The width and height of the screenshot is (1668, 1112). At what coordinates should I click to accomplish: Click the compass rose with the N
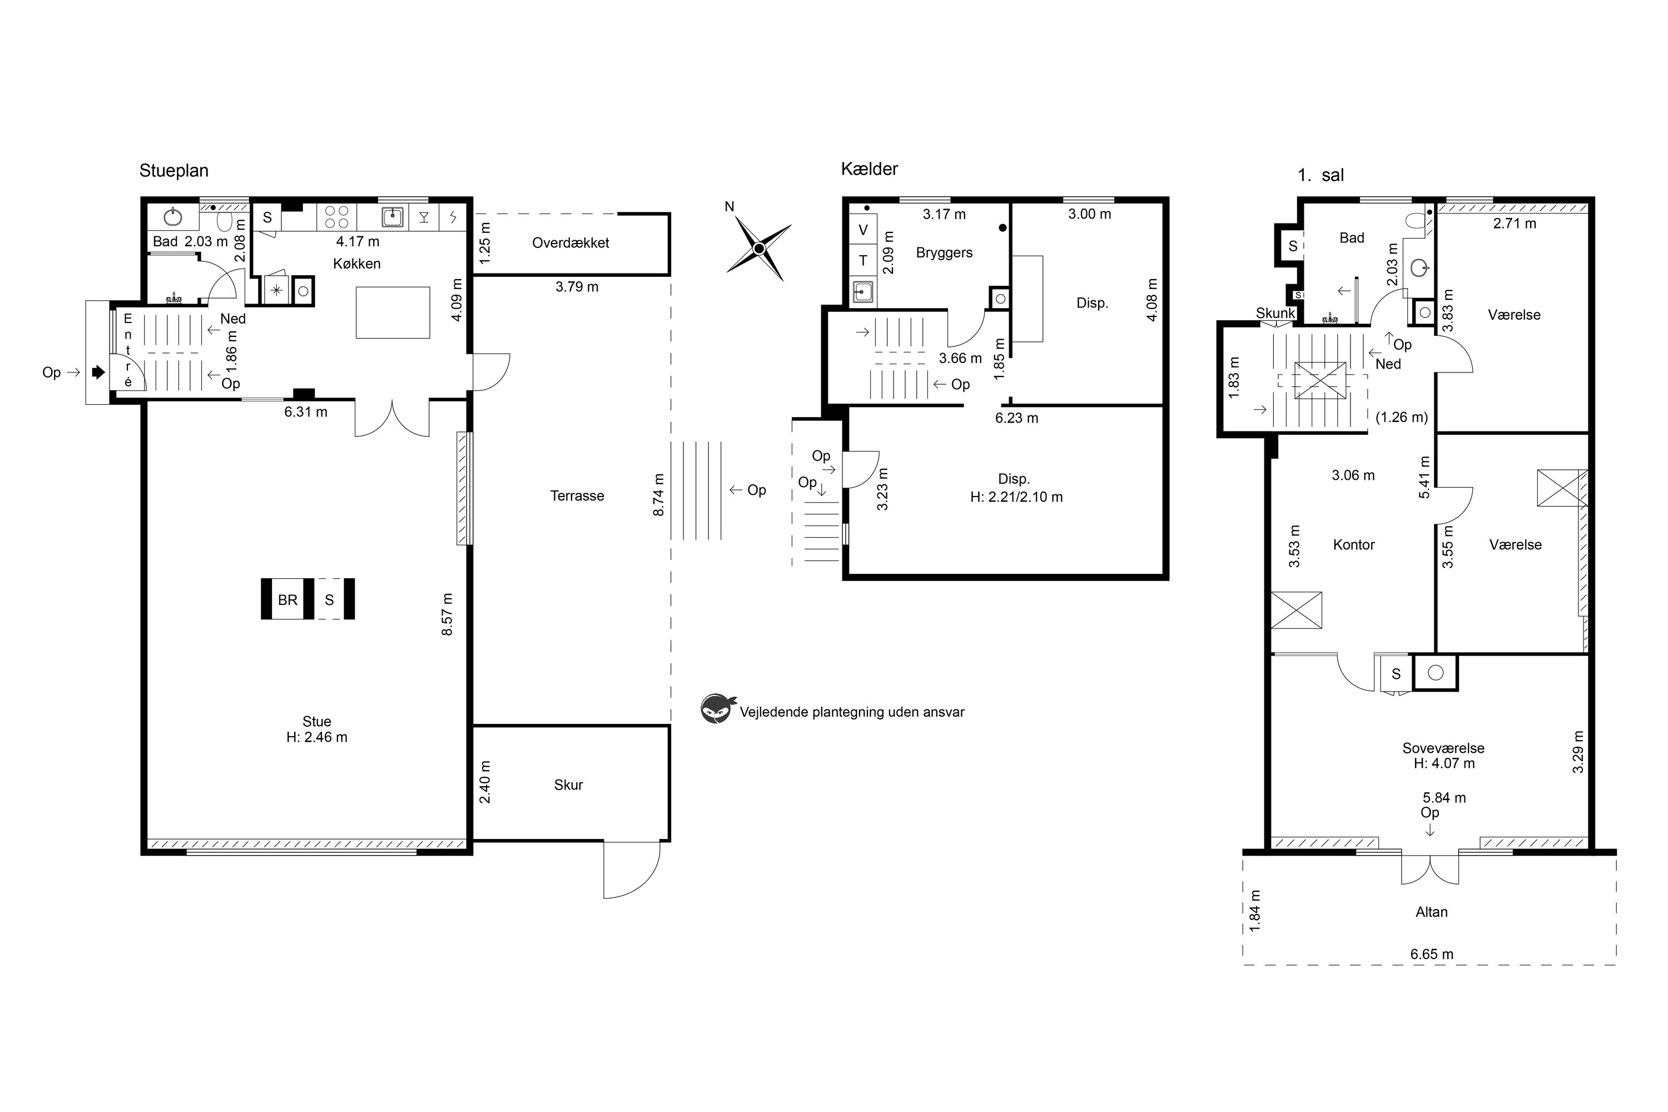tap(759, 248)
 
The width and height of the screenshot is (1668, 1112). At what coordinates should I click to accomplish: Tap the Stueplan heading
tap(173, 171)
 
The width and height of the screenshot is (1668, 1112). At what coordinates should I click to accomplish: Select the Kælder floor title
tap(870, 169)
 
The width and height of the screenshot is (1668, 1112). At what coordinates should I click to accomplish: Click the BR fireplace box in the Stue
tap(287, 599)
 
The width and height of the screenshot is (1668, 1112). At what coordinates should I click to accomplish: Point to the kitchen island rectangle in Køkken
tap(393, 312)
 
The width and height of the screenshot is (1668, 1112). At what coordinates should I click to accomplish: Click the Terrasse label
tap(577, 496)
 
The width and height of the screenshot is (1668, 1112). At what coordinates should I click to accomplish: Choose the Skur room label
tap(569, 785)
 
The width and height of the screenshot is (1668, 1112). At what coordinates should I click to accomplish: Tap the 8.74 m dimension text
tap(659, 495)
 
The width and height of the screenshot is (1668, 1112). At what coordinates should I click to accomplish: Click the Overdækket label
tap(571, 242)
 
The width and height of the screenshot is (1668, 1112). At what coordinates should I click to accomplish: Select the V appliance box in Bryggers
tap(863, 230)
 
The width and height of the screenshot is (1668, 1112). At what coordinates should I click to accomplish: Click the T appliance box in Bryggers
tap(863, 260)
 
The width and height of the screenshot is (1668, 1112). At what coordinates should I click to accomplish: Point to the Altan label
tap(1432, 912)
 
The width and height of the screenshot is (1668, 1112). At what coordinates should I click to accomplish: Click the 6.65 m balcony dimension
tap(1432, 954)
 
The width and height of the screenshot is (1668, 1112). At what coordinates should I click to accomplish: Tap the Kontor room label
tap(1354, 545)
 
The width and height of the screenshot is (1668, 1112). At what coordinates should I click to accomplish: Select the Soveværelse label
tap(1443, 748)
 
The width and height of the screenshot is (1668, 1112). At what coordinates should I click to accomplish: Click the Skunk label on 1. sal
tap(1276, 314)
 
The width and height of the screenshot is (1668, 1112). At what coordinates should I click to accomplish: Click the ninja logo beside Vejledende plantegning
tap(718, 708)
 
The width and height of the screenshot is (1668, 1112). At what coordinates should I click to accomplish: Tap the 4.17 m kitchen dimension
tap(358, 241)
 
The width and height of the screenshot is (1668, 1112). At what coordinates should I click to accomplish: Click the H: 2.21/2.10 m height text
tap(1016, 497)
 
